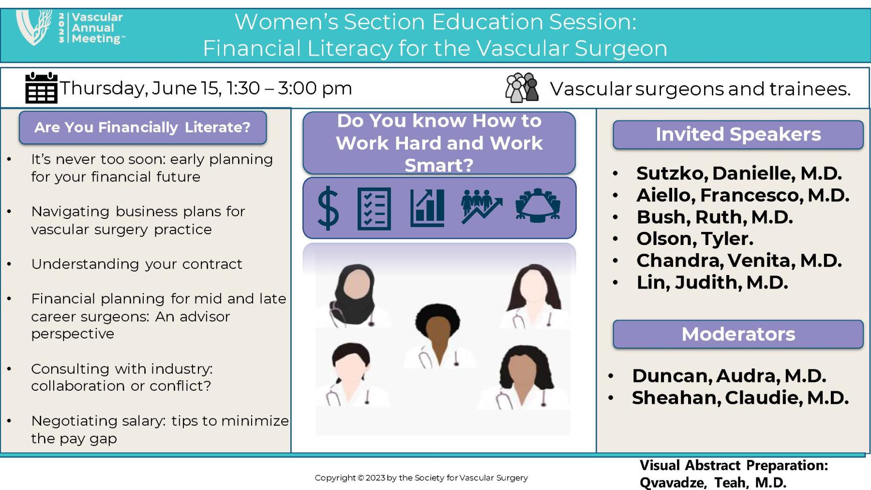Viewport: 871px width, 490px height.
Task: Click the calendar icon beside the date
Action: pyautogui.click(x=41, y=88)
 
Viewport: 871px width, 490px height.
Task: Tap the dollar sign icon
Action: pyautogui.click(x=328, y=208)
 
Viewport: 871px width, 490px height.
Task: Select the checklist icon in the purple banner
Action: pyautogui.click(x=374, y=208)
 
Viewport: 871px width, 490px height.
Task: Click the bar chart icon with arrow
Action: pyautogui.click(x=427, y=208)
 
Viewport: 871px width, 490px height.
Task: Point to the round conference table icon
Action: pyautogui.click(x=538, y=205)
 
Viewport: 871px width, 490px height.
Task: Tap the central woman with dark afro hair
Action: pyautogui.click(x=438, y=334)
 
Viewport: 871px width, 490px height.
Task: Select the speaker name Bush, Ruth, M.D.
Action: pyautogui.click(x=714, y=217)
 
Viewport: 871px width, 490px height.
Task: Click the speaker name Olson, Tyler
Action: pyautogui.click(x=694, y=239)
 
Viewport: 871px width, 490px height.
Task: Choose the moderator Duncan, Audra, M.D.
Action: pyautogui.click(x=729, y=376)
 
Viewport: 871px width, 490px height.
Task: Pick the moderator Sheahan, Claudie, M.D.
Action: pyautogui.click(x=740, y=398)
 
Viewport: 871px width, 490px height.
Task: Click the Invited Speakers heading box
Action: pyautogui.click(x=738, y=135)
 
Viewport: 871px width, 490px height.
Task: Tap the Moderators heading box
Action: pyautogui.click(x=738, y=334)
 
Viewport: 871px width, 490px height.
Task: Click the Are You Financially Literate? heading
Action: pyautogui.click(x=142, y=127)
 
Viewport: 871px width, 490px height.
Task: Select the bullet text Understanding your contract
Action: pyautogui.click(x=136, y=264)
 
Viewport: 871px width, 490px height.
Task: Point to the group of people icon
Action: pyautogui.click(x=522, y=88)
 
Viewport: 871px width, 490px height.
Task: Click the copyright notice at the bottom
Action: pyautogui.click(x=421, y=478)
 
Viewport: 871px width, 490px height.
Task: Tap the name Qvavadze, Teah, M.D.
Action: pyautogui.click(x=713, y=482)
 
